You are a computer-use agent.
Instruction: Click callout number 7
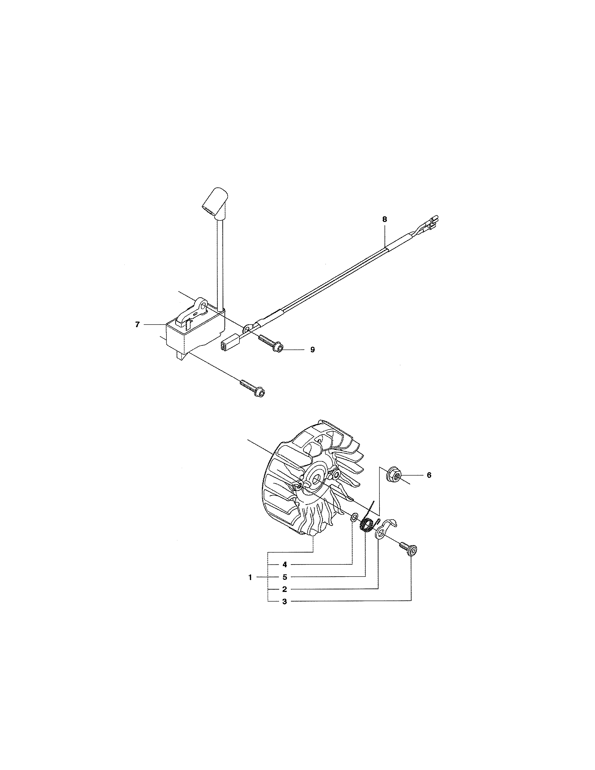[x=137, y=325]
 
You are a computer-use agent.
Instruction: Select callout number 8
[x=385, y=219]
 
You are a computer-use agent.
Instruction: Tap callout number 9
[x=312, y=350]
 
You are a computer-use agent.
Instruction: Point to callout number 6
[x=429, y=475]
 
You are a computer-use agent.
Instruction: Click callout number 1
[x=250, y=577]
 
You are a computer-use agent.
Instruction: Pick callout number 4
[x=284, y=564]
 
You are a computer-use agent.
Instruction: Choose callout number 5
[x=284, y=577]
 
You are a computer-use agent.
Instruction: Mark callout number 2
[x=284, y=589]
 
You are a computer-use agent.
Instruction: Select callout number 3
[x=284, y=602]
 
